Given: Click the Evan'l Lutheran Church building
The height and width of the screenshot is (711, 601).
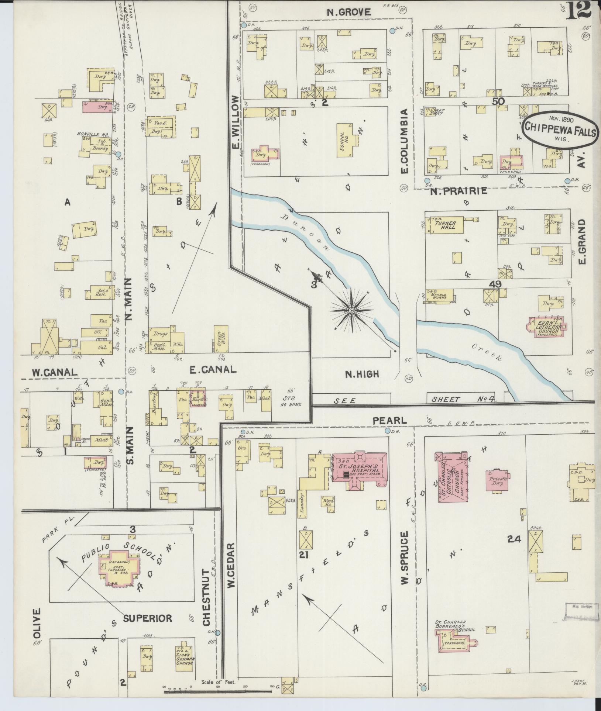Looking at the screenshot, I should [x=548, y=326].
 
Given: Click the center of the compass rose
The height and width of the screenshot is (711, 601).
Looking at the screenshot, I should [x=352, y=311].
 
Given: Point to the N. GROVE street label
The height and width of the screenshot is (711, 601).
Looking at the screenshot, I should [x=349, y=13].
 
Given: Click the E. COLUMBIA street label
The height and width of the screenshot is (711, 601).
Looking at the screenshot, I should [x=404, y=141].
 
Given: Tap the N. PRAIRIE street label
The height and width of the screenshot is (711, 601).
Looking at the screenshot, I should [x=459, y=191].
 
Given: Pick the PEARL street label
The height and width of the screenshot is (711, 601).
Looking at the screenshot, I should [x=389, y=420].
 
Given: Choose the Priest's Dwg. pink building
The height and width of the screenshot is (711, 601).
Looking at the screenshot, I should [x=497, y=480].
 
